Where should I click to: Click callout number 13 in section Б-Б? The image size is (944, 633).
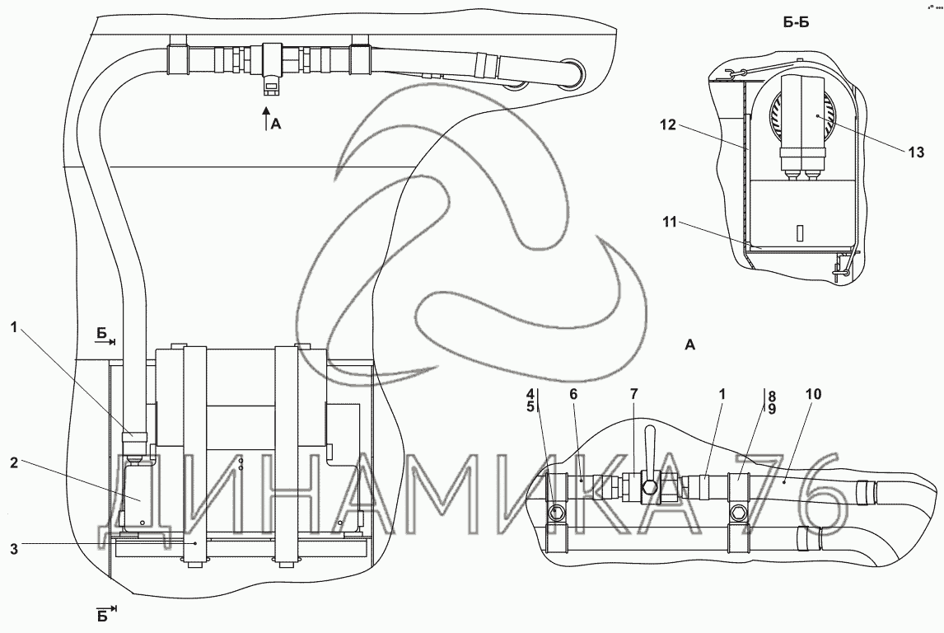coord(916,153)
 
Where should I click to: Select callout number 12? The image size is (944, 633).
coord(668,126)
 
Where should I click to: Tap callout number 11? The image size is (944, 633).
coord(670,223)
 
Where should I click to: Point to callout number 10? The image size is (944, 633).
coord(813,395)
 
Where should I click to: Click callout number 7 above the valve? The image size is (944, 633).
coord(633,395)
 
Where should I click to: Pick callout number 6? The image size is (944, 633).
coord(573,395)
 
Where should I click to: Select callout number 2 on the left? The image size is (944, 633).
coord(14,462)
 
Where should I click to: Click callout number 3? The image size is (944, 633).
coord(14,549)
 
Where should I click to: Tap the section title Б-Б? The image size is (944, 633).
coord(795,23)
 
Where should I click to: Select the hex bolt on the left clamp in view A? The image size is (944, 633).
coord(557,513)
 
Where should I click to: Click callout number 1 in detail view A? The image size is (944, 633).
coord(722,395)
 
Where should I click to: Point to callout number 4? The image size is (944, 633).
coord(530,395)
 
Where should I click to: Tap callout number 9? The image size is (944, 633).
coord(771,408)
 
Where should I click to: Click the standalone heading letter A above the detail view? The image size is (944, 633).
coord(690,345)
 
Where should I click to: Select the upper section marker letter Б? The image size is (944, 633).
coord(101,333)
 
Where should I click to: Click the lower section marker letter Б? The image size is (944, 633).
coord(101,616)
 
